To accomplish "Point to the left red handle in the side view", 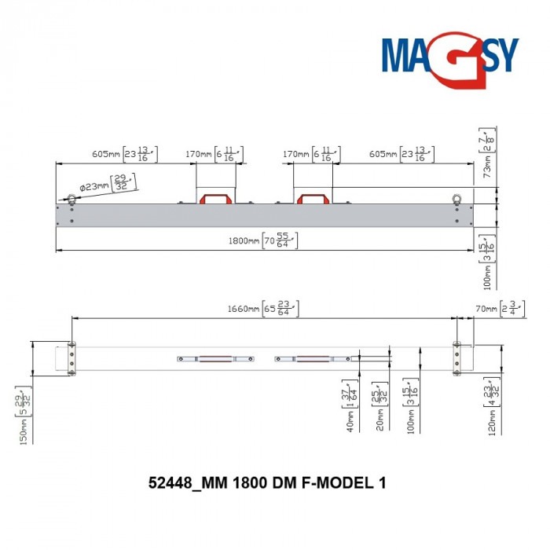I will click(215, 198).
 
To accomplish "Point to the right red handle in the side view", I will click(313, 198).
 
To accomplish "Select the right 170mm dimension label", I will click(309, 154).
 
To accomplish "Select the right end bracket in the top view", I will click(458, 358).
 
